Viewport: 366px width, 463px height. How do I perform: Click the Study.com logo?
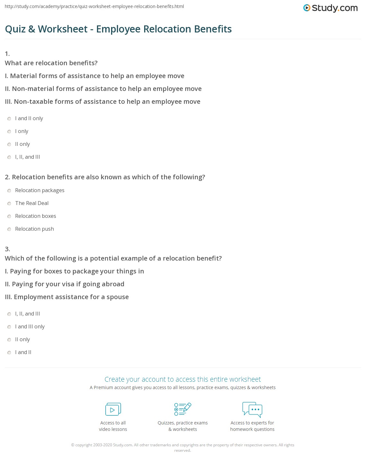(x=330, y=8)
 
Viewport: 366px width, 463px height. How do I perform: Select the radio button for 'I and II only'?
(x=9, y=119)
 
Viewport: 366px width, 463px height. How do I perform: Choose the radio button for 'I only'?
(x=9, y=132)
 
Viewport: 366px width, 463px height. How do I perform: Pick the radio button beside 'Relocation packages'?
(x=9, y=191)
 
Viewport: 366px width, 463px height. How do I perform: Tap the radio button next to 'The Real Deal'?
(x=9, y=204)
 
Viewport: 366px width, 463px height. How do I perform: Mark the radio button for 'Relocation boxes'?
(x=9, y=217)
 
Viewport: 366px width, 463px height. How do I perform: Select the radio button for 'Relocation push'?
(x=9, y=229)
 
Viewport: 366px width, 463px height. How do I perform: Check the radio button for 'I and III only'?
(x=9, y=327)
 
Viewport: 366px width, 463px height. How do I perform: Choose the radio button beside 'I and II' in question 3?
(x=9, y=353)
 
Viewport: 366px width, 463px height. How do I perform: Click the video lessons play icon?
(x=113, y=409)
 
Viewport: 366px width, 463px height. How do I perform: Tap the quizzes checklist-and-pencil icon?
(x=183, y=409)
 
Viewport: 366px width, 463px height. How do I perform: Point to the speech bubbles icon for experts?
(x=252, y=409)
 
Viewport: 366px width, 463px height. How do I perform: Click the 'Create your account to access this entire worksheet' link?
(x=183, y=379)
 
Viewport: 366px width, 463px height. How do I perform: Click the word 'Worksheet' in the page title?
(x=63, y=29)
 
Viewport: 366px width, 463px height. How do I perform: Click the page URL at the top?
(x=95, y=6)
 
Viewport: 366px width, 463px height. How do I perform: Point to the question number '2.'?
(x=7, y=177)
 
